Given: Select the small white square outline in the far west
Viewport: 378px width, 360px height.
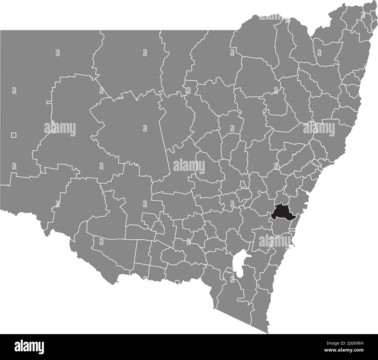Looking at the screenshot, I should click(x=13, y=135).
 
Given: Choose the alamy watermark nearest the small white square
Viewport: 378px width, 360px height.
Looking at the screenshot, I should click(x=60, y=128).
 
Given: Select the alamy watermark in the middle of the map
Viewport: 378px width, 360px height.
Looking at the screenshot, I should click(x=189, y=166).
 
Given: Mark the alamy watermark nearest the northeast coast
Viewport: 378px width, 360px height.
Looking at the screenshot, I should click(x=319, y=128).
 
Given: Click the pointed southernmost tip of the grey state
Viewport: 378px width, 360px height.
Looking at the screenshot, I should click(x=268, y=333).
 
